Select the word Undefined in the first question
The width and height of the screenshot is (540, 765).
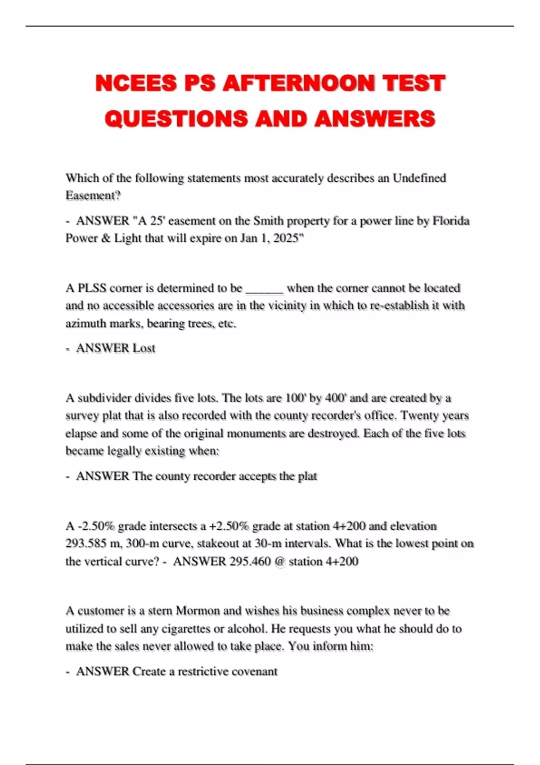[x=419, y=178]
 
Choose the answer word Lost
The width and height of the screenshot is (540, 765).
[x=144, y=348]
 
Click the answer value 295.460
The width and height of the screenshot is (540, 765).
[x=250, y=562]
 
